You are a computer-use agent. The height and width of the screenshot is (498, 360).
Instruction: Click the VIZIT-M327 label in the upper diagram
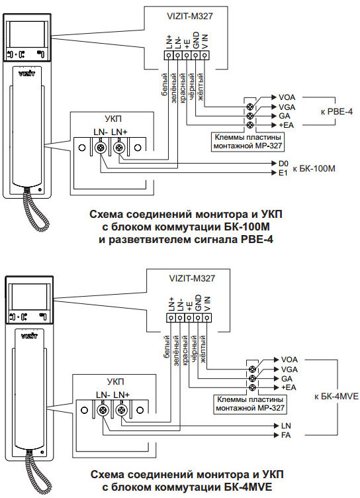pos(189,16)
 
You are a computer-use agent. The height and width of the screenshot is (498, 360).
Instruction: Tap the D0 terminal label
pos(283,164)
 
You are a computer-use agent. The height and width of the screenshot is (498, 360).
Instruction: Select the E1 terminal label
pos(283,173)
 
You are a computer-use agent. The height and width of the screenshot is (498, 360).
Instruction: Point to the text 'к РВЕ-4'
pos(337,111)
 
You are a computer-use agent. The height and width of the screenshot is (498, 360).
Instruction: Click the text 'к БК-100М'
pos(314,168)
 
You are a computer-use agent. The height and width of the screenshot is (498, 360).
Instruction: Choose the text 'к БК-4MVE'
pos(337,396)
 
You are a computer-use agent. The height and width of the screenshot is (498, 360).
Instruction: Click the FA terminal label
pos(286,435)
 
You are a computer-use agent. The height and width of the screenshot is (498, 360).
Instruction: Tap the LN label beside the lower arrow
pos(286,426)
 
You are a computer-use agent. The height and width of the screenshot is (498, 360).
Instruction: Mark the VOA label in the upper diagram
pos(287,97)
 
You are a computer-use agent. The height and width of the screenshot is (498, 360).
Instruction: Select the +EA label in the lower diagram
pos(289,387)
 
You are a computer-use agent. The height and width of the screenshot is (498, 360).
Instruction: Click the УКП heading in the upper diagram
pos(113,119)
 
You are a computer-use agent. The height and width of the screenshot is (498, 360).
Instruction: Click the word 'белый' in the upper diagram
pos(164,85)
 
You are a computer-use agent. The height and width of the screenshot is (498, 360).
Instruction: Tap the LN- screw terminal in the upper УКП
pos(101,148)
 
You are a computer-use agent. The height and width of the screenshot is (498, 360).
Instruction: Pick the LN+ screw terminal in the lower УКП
pos(121,411)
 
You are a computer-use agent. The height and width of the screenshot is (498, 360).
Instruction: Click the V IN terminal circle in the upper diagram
pos(204,56)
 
